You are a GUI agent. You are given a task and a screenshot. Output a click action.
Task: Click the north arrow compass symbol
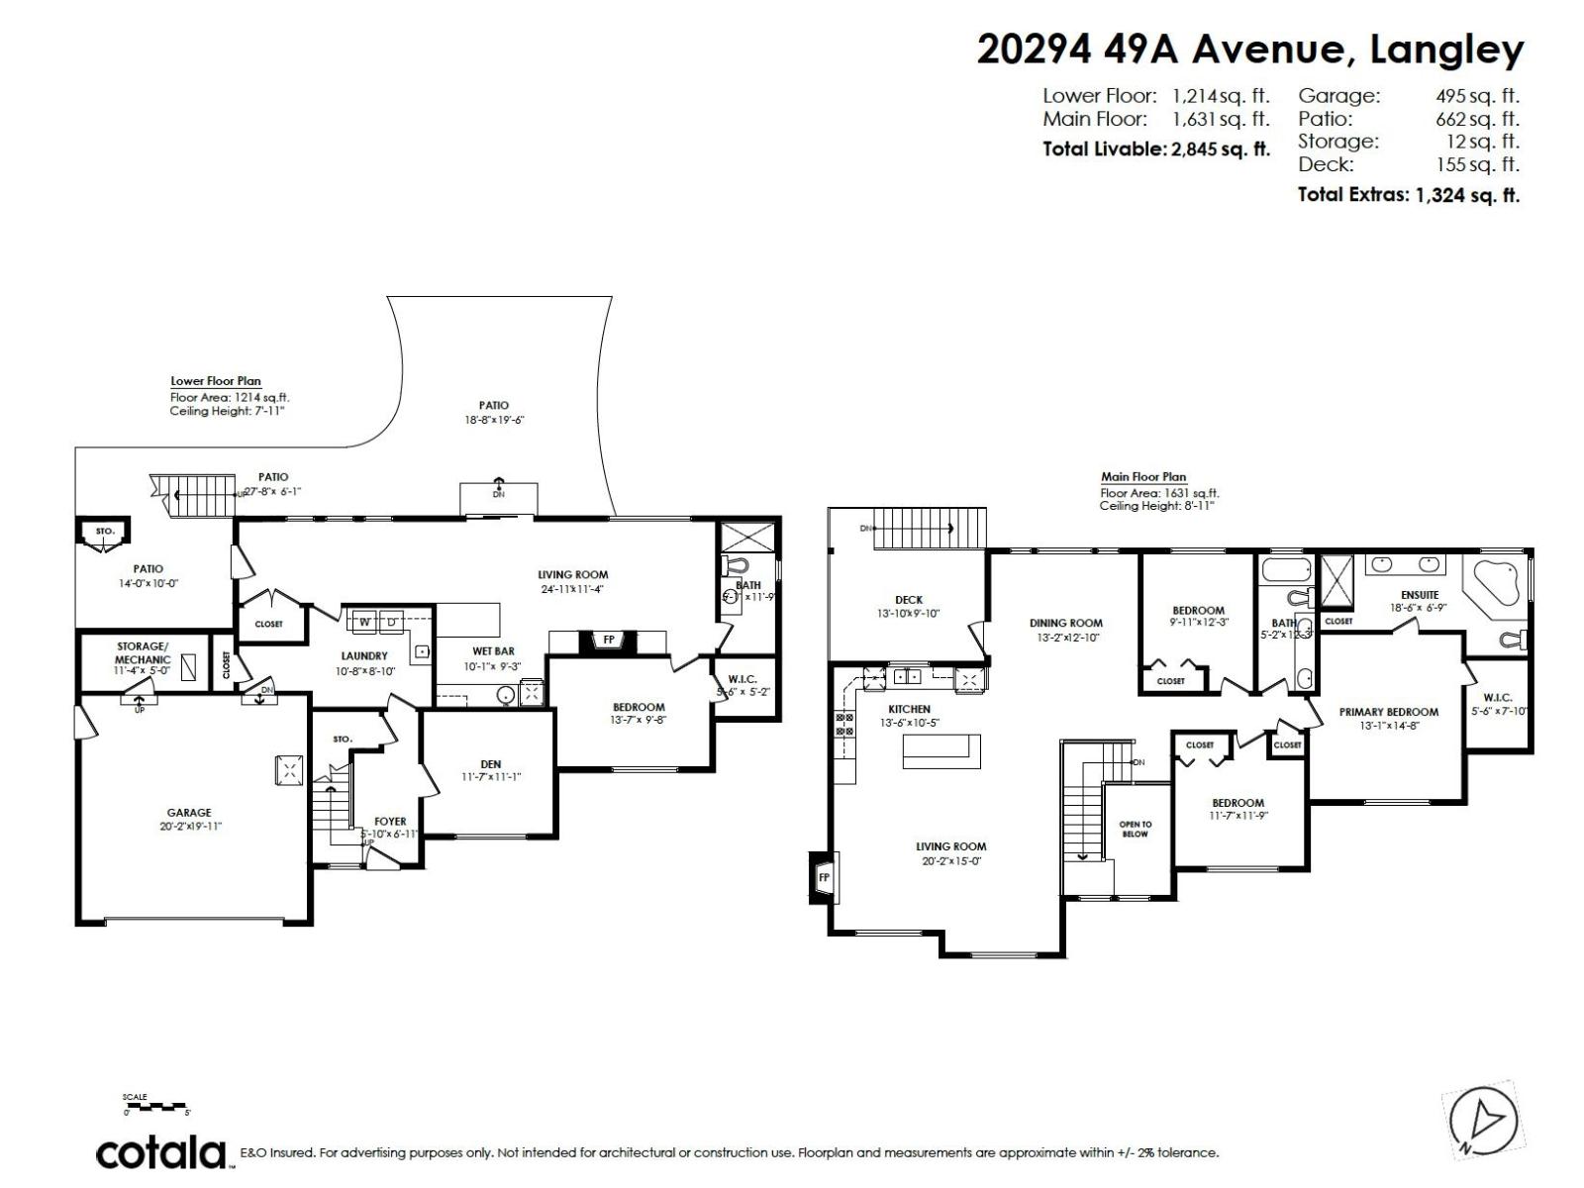[1483, 1122]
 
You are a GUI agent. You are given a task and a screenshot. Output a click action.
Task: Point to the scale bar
[155, 1106]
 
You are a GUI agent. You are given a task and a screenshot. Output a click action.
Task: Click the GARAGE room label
[188, 813]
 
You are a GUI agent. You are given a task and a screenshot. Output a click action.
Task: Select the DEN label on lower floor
[490, 763]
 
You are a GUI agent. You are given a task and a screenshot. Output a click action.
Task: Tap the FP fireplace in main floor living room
[823, 877]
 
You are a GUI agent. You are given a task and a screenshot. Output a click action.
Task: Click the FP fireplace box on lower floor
[609, 641]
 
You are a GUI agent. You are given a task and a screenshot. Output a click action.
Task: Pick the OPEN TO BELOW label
[1135, 829]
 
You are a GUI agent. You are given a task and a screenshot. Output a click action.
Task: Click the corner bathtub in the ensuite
[1496, 581]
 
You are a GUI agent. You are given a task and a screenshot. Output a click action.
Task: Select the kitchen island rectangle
[940, 750]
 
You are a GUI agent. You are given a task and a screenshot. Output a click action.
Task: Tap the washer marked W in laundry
[364, 622]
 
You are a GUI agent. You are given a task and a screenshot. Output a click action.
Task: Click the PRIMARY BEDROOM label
[1388, 712]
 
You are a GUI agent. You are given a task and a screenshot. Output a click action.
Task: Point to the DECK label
[908, 600]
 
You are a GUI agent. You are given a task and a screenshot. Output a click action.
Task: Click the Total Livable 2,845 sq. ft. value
[1221, 149]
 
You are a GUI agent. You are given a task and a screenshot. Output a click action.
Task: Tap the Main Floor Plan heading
[1142, 477]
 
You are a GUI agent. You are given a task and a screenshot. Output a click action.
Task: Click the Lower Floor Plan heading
[216, 381]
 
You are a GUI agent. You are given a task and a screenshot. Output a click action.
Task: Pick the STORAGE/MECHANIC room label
[143, 652]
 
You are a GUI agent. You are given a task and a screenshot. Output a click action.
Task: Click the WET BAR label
[492, 651]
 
